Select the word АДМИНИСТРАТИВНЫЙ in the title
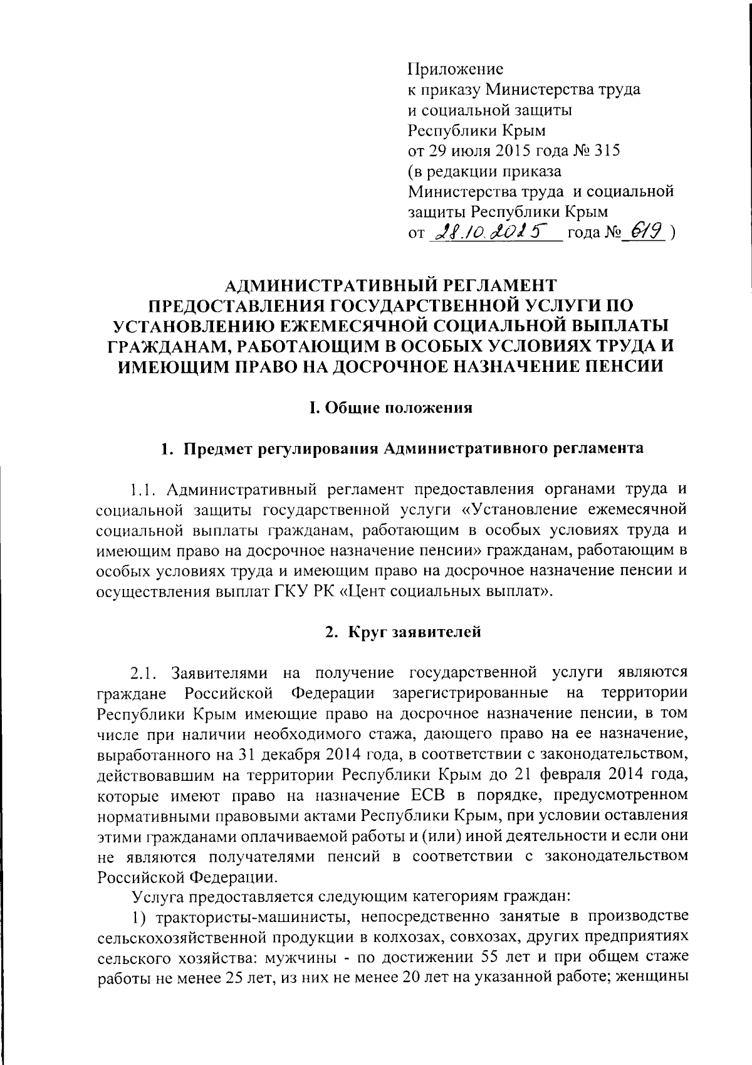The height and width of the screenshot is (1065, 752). tap(330, 285)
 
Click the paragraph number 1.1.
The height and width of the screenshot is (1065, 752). tap(145, 489)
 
